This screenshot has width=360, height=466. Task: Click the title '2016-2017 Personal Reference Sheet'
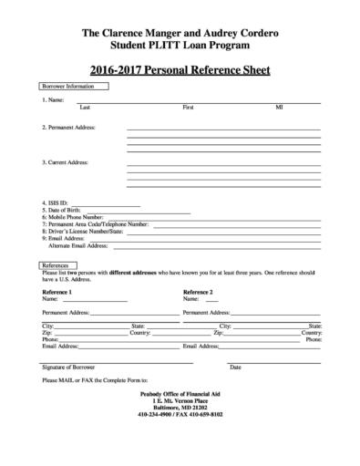click(x=180, y=69)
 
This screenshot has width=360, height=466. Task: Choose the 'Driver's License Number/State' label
click(x=83, y=231)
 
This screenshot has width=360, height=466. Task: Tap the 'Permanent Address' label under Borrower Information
click(x=68, y=128)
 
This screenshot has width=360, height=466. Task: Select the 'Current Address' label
click(x=65, y=162)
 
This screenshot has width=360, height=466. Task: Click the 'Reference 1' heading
click(x=57, y=291)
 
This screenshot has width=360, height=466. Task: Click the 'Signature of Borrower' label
click(x=68, y=367)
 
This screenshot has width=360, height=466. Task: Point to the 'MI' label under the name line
click(x=279, y=107)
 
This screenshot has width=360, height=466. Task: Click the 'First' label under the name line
click(x=188, y=107)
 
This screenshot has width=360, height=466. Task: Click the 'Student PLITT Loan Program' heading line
click(x=180, y=44)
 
